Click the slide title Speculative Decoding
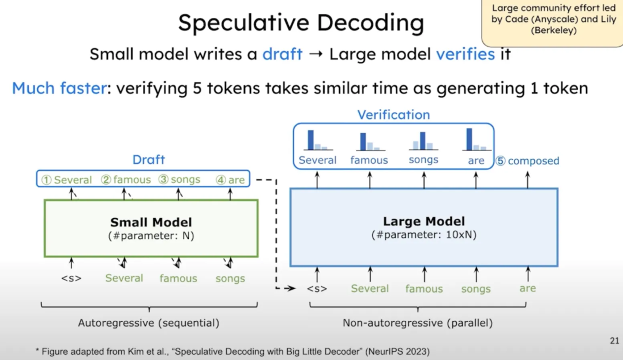click(301, 23)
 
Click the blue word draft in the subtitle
click(282, 54)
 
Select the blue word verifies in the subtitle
click(465, 54)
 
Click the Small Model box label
click(151, 223)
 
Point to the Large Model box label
click(423, 222)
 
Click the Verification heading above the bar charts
click(393, 115)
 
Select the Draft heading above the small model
click(148, 159)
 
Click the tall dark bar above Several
click(311, 140)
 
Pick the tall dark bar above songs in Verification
click(423, 141)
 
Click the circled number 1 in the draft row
click(46, 180)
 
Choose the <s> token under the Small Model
click(71, 278)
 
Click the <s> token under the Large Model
click(317, 288)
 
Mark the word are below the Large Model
click(527, 288)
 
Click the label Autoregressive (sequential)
click(148, 323)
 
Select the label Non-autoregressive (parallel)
click(418, 323)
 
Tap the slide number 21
click(614, 341)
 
